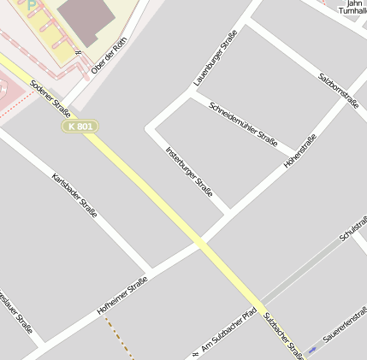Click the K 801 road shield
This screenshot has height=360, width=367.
pos(80,127)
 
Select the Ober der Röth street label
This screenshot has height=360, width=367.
pos(109,56)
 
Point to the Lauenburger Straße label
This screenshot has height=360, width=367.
pos(216,57)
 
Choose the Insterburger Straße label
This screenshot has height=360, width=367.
pos(189,171)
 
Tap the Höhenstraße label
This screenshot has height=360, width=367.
pos(300,150)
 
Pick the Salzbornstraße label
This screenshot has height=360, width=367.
pos(338,89)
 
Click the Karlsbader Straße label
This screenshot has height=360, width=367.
pos(74,195)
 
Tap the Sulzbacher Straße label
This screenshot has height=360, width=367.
pos(284,334)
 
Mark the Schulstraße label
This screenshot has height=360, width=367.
pos(352,223)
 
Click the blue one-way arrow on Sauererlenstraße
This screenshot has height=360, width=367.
pos(312,349)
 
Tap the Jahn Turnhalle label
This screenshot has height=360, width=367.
pos(351,7)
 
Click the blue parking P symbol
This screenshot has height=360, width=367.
pos(32,5)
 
